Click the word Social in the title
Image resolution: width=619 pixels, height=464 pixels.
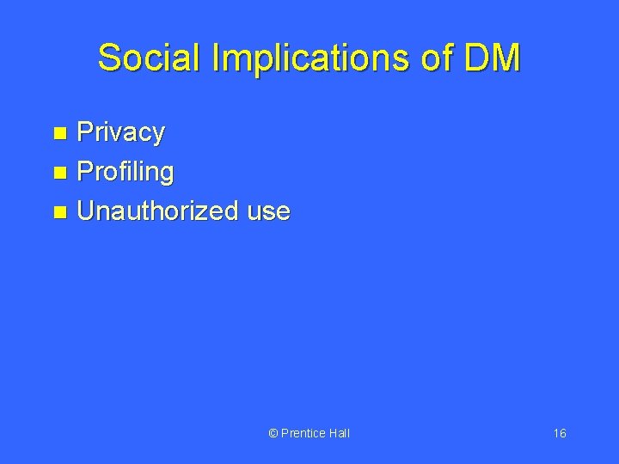click(143, 58)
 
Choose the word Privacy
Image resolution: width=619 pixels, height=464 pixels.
click(120, 133)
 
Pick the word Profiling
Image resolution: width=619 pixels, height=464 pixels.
click(126, 172)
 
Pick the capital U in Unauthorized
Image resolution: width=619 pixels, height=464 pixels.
click(87, 211)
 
